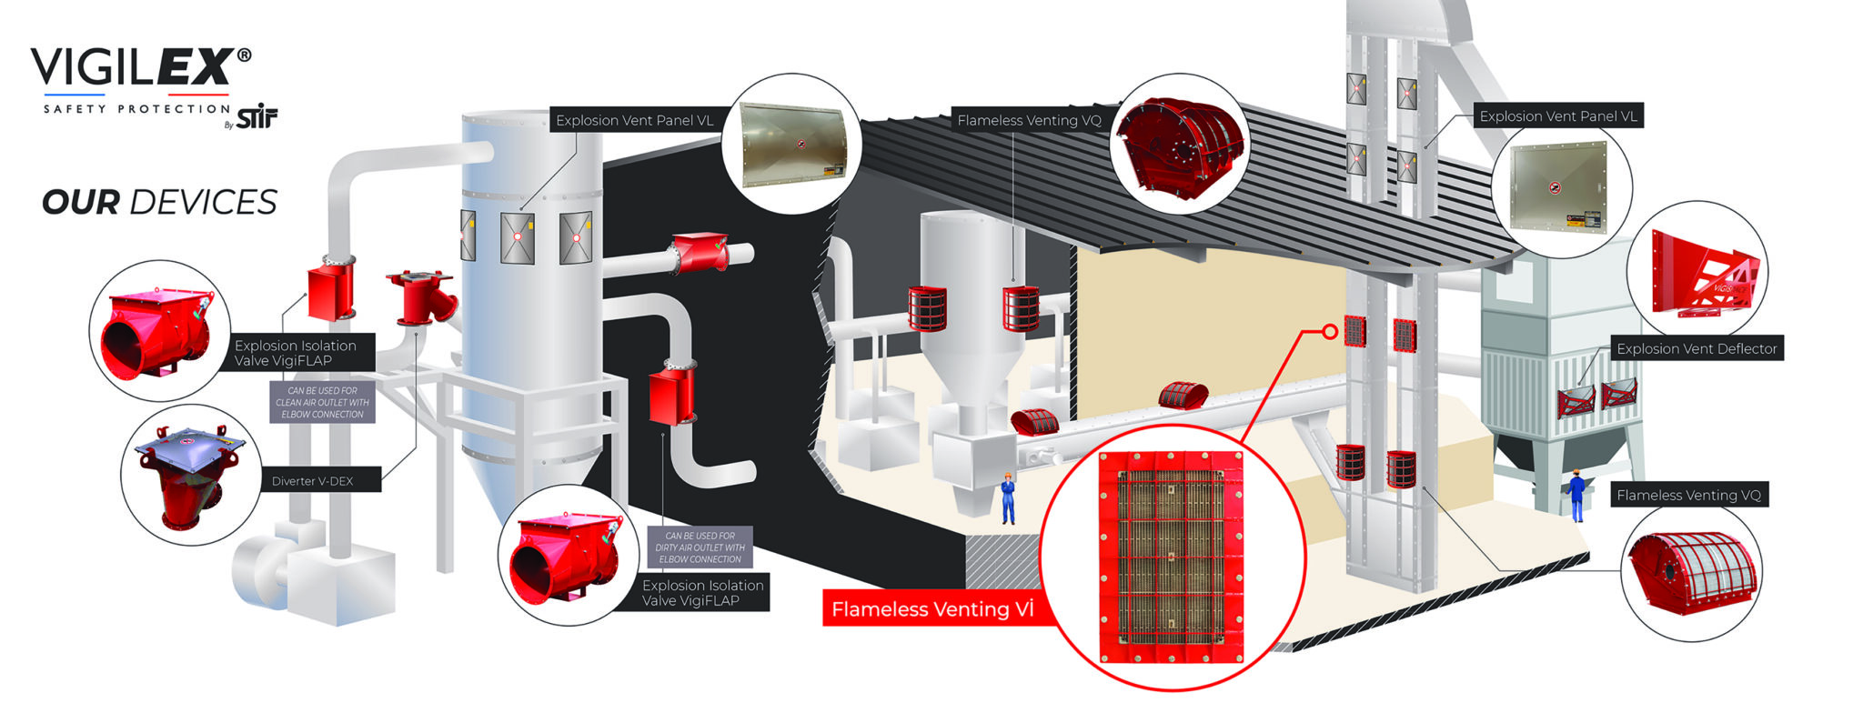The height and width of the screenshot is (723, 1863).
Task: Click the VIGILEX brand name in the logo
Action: (x=132, y=68)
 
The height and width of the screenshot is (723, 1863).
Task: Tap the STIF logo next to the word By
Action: (x=257, y=117)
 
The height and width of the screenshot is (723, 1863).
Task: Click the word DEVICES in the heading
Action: (x=203, y=202)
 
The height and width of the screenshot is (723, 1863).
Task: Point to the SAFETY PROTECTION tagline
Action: (x=136, y=109)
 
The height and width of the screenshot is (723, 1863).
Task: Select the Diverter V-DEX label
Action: (x=312, y=481)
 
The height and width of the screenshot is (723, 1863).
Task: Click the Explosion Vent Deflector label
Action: (x=1697, y=348)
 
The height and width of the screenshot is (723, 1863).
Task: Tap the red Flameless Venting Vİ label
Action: (x=932, y=609)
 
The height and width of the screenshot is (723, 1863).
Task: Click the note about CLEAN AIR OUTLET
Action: (x=322, y=402)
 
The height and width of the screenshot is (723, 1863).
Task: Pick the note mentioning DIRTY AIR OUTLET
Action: (x=700, y=547)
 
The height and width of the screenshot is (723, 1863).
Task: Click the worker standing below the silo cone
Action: (x=1008, y=497)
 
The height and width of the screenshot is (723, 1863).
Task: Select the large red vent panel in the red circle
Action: (x=1171, y=557)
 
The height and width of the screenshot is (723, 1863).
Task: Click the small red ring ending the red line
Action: (x=1330, y=332)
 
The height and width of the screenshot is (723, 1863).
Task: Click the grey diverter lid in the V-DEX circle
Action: (x=188, y=448)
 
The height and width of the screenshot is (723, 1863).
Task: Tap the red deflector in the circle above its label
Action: (x=1705, y=273)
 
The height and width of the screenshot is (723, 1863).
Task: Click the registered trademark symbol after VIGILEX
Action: (x=244, y=55)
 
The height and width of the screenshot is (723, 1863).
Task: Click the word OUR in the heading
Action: (x=80, y=202)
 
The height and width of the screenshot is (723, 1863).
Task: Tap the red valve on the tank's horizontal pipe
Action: (x=699, y=253)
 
